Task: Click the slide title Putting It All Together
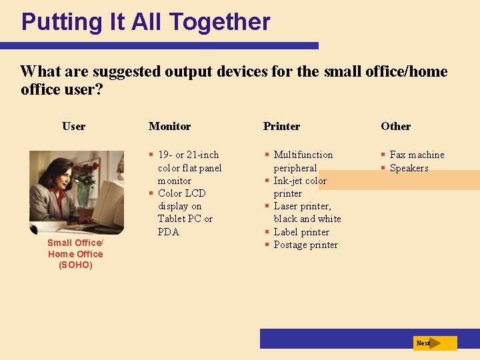pyautogui.click(x=145, y=22)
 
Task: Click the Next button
pyautogui.click(x=434, y=343)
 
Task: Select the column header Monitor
pyautogui.click(x=169, y=126)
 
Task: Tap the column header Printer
pyautogui.click(x=281, y=126)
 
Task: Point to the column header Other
pyautogui.click(x=395, y=126)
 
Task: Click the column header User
pyautogui.click(x=73, y=126)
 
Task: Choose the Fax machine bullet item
pyautogui.click(x=416, y=155)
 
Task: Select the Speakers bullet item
pyautogui.click(x=408, y=168)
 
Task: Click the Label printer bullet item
pyautogui.click(x=301, y=232)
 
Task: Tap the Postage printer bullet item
pyautogui.click(x=305, y=245)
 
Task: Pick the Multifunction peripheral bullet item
pyautogui.click(x=303, y=161)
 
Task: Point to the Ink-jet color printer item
pyautogui.click(x=299, y=187)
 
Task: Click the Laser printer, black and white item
pyautogui.click(x=306, y=213)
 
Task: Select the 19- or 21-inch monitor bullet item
pyautogui.click(x=189, y=167)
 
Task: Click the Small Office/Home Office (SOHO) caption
pyautogui.click(x=75, y=254)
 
